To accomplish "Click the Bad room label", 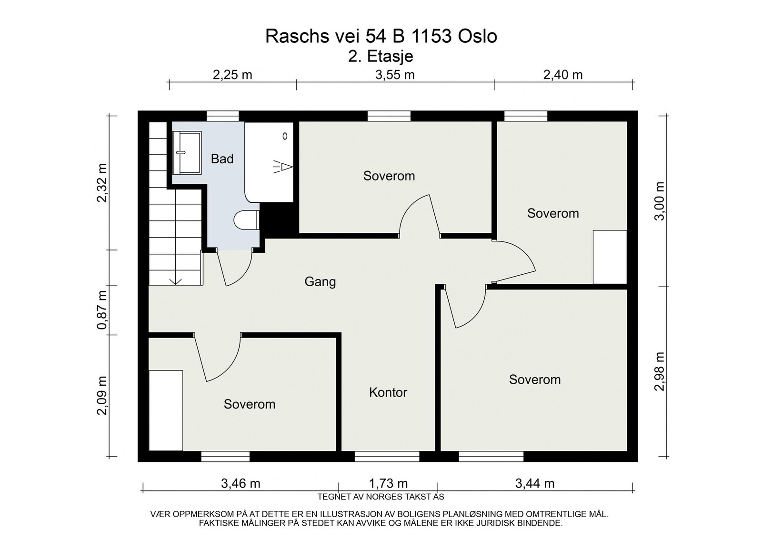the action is [222, 159].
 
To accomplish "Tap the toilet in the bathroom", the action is [246, 220].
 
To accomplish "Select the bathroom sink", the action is [187, 153].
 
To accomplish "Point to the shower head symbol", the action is [283, 167].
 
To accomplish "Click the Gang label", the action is [320, 282].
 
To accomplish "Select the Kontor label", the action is [388, 392].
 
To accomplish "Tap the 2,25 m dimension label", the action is [232, 75].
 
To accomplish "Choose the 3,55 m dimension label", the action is [395, 75].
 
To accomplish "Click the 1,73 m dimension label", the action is [388, 483].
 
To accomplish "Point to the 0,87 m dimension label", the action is [102, 310].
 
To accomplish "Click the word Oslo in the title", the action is [478, 36].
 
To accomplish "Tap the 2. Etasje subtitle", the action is [381, 57].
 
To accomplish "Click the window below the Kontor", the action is [387, 456].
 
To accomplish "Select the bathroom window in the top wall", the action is [223, 116].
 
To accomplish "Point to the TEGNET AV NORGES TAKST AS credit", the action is [381, 497].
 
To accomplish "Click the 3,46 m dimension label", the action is [241, 483].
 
